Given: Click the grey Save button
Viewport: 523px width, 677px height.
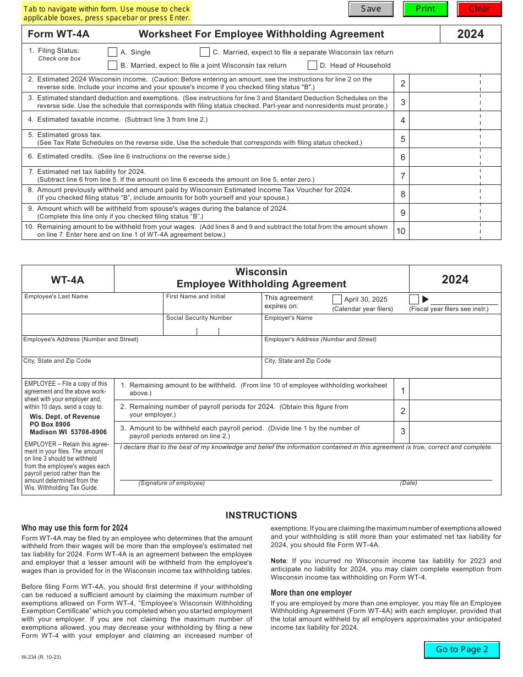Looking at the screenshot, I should coord(371,9).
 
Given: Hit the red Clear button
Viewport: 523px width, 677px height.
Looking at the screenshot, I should coord(479,9).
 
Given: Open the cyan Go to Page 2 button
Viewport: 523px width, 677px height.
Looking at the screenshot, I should coord(462,649).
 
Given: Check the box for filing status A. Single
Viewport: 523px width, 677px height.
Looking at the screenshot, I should coord(113,52).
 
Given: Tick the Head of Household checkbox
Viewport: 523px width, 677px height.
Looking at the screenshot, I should coord(312,65).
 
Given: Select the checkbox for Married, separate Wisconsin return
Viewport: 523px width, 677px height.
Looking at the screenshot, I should coord(205,52).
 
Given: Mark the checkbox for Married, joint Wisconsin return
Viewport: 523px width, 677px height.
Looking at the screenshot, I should coord(113,65).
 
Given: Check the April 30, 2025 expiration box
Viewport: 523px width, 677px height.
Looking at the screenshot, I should coord(337,299).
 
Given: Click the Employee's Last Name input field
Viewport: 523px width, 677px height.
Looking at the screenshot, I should coord(92,307).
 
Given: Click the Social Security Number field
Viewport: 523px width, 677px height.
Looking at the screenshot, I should coord(212,329).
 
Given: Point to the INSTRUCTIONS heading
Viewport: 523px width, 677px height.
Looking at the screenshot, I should coord(261,516).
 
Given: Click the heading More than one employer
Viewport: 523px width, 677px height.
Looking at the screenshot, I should coord(311,593).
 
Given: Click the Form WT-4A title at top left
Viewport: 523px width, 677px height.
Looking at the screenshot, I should coord(58,34).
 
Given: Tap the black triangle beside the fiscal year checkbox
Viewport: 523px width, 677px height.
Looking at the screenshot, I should coord(426,299).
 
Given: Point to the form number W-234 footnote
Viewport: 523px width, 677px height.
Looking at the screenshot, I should coord(41,656).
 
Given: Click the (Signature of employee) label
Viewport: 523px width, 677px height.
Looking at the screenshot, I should coord(171,483).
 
